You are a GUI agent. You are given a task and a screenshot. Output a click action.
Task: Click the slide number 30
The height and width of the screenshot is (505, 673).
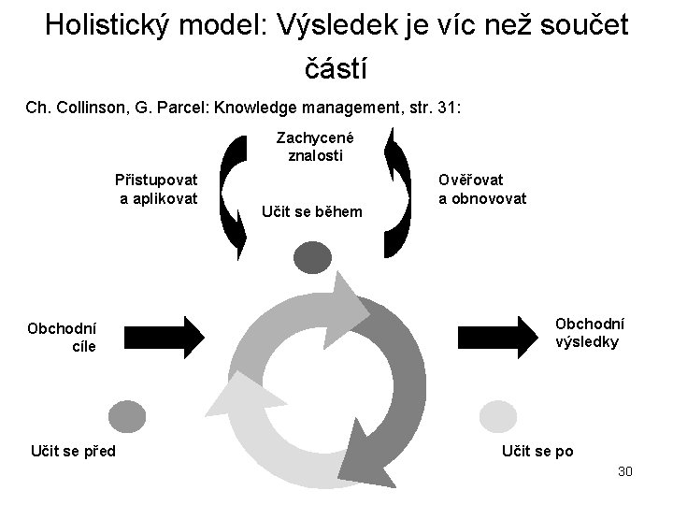point(625,471)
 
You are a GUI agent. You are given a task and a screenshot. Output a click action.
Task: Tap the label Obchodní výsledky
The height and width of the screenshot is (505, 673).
point(591,332)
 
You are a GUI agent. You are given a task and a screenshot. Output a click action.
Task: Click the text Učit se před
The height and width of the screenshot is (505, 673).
point(72,453)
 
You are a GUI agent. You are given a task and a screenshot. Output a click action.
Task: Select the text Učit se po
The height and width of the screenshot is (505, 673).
point(537,452)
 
